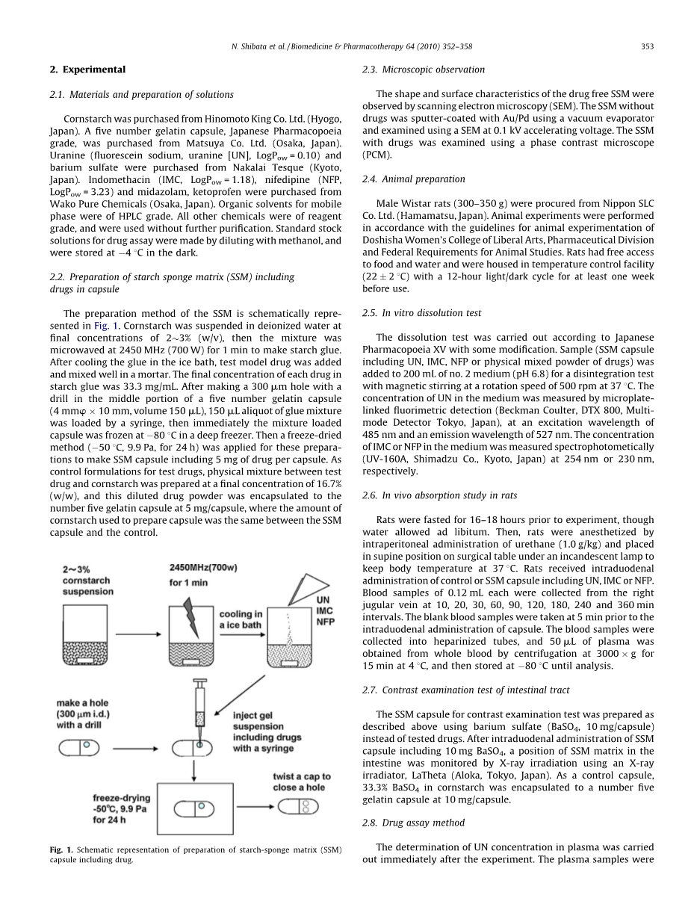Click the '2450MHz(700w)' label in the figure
click(204, 567)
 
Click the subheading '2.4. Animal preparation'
click(413, 179)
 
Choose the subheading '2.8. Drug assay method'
click(413, 823)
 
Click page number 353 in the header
click(647, 46)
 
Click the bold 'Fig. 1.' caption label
click(61, 850)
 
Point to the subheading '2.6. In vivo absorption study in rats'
click(439, 495)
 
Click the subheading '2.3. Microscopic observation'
click(424, 69)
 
